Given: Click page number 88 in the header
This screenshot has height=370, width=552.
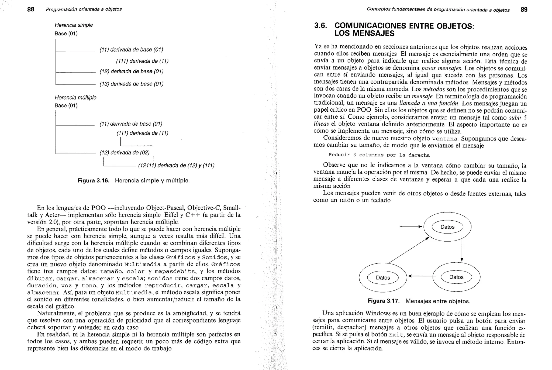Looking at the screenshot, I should click(31, 9).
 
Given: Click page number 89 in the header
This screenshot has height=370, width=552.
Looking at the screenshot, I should click(524, 10).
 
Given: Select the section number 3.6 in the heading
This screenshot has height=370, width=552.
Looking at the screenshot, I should click(320, 26).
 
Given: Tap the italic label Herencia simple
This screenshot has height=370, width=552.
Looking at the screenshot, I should click(74, 25).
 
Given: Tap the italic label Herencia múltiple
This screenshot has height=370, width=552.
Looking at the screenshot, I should click(75, 97).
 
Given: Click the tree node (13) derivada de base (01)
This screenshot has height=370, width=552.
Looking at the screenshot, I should click(132, 84).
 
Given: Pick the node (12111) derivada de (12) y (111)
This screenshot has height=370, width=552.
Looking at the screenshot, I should click(176, 165).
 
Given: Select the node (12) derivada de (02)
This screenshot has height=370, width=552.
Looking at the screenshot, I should click(125, 153).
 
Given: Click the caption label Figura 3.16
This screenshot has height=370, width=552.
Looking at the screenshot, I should click(93, 181).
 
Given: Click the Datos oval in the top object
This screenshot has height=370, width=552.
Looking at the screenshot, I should click(447, 227).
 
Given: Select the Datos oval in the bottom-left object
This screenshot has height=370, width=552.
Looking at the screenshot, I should click(383, 278).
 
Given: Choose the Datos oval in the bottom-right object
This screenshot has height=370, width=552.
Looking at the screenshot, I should click(456, 277).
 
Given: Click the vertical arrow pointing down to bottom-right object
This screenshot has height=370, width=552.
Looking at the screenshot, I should click(462, 248).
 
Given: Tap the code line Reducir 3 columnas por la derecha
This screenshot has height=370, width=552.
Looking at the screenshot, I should click(379, 155).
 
